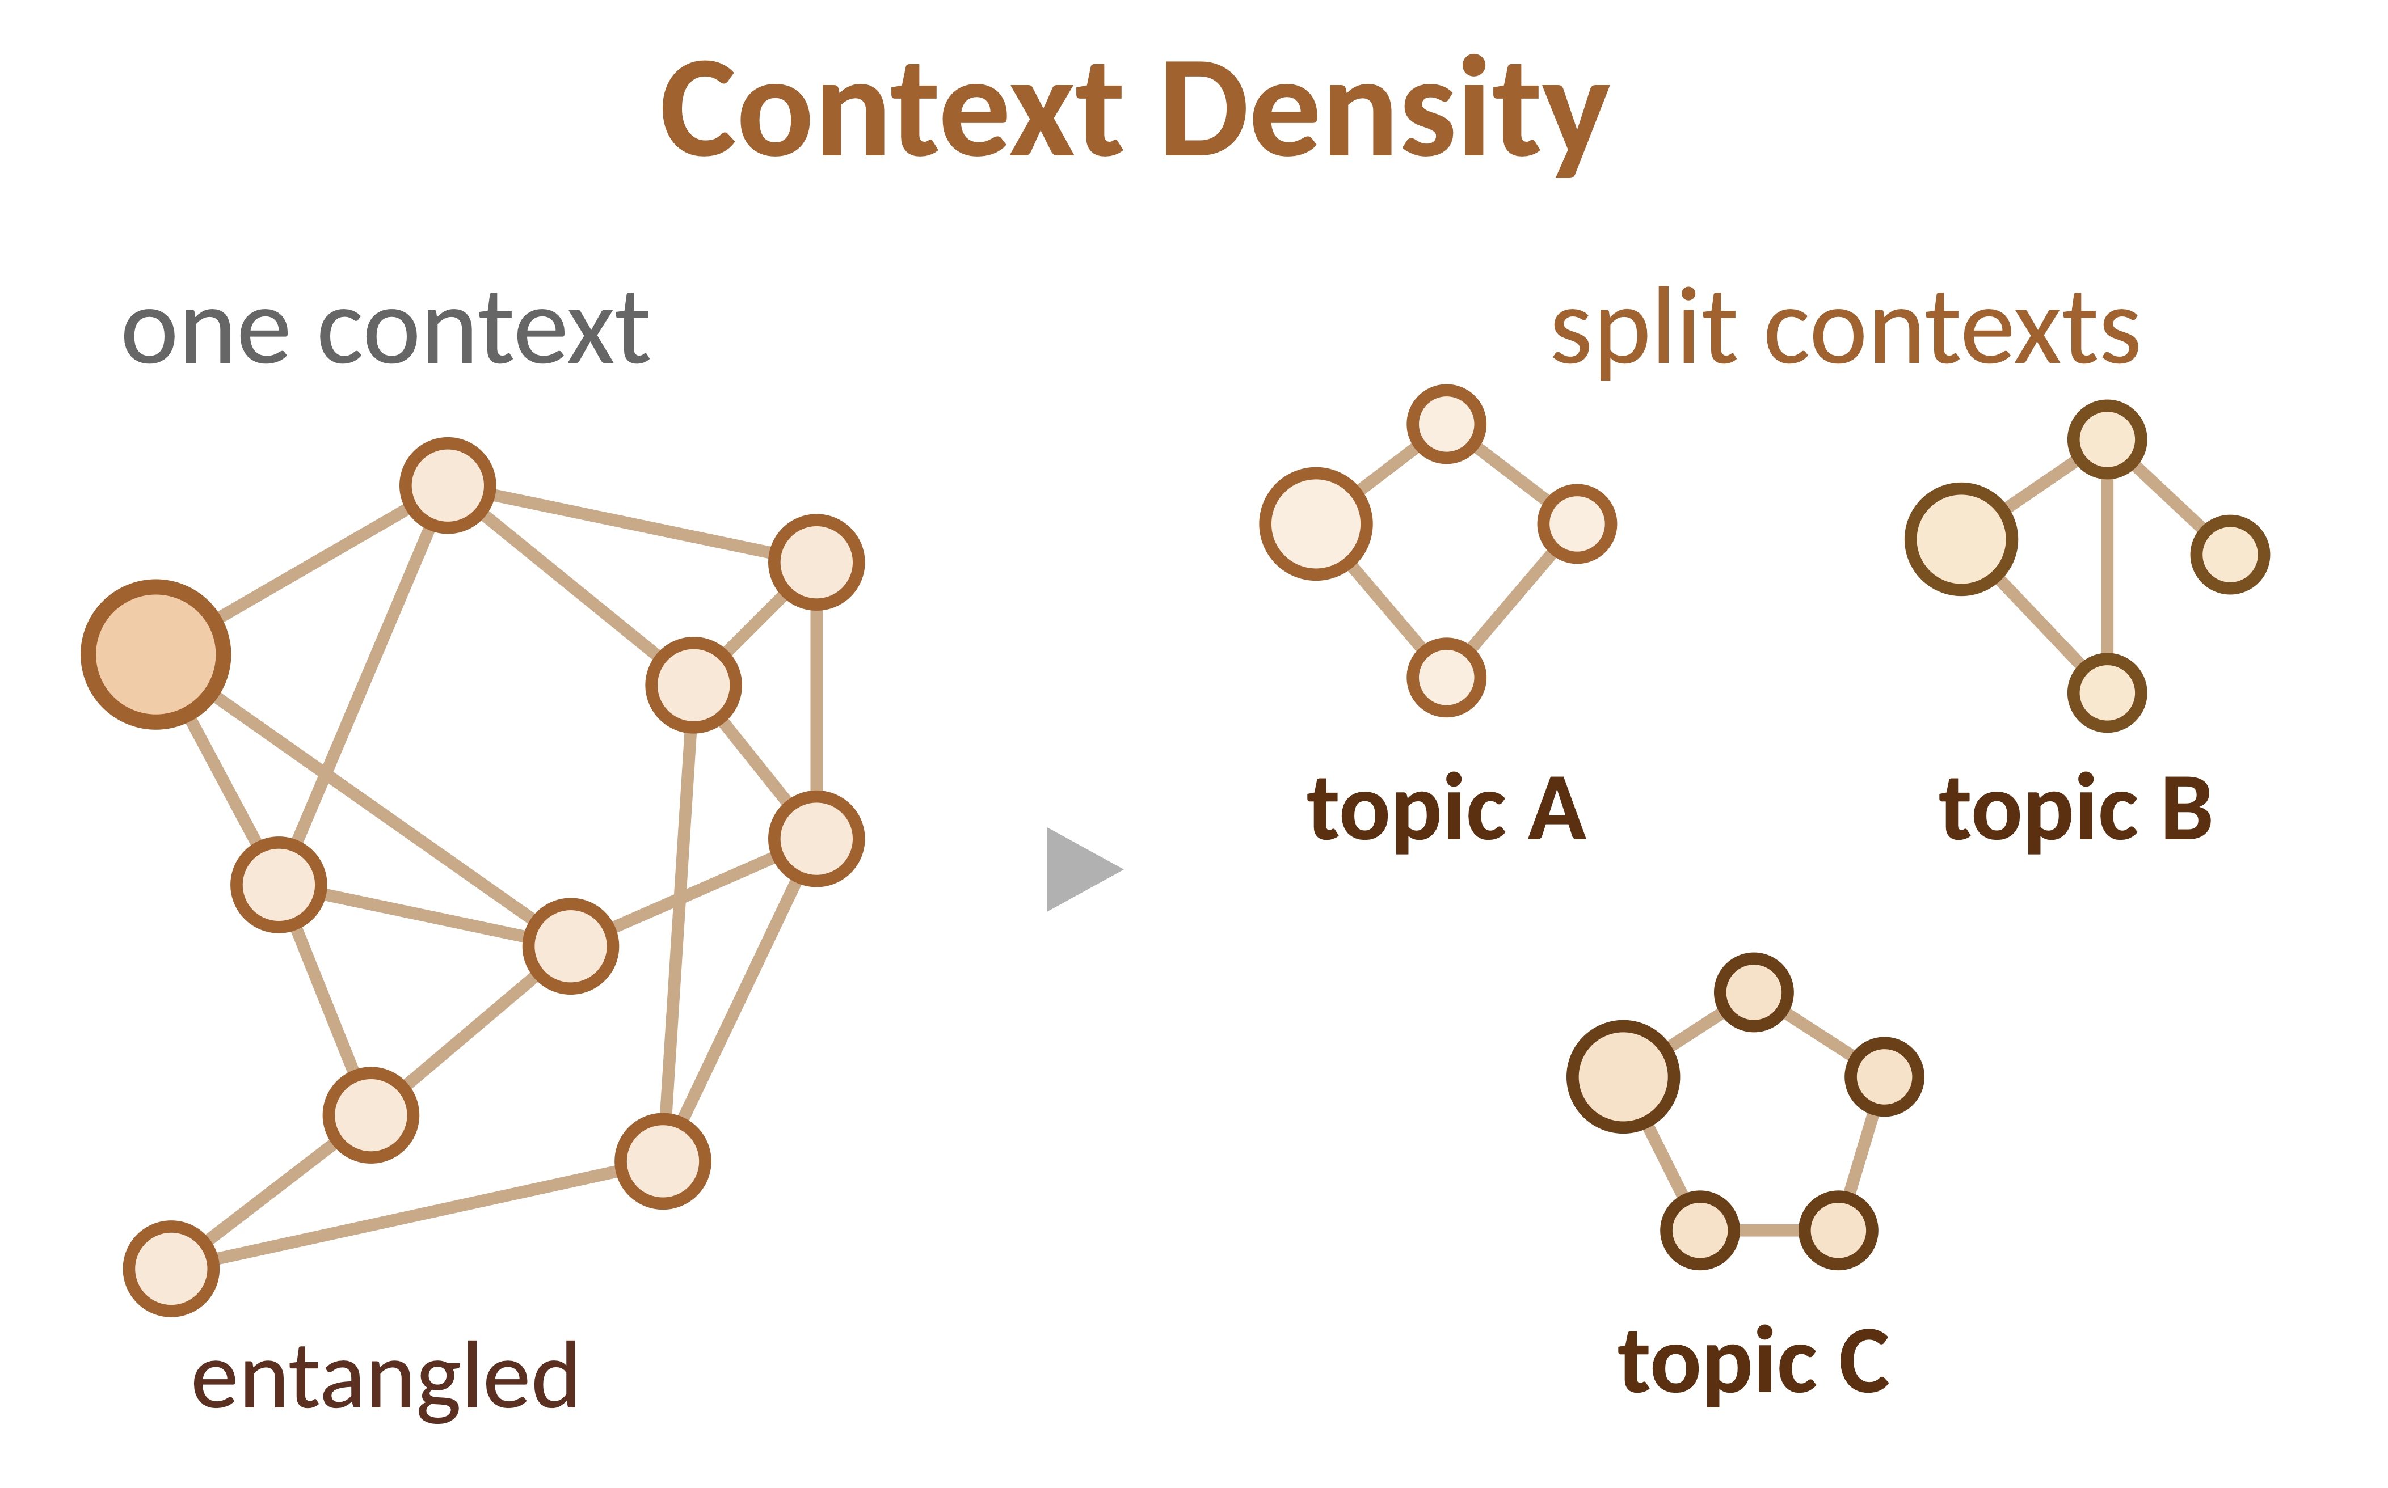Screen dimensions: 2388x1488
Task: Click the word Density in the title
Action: coord(1387,116)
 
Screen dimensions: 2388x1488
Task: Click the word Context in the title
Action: coord(892,110)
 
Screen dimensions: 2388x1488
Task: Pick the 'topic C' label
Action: coord(1753,1363)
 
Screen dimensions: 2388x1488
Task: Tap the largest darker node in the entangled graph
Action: coord(155,654)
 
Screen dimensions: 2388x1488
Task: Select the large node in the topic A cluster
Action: coord(1316,523)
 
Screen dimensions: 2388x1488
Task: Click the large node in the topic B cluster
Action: coord(1961,539)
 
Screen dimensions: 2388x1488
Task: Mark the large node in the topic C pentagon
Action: coord(1623,1077)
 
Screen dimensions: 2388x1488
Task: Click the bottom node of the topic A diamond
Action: coord(1447,677)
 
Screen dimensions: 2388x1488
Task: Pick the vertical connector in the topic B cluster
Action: coord(2107,566)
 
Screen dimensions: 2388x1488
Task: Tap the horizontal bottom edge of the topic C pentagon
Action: coord(1769,1230)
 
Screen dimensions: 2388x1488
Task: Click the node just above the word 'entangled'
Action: coord(171,1269)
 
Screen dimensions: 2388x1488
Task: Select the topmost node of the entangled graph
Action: coord(448,485)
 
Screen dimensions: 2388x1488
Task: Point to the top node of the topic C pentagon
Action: coord(1754,992)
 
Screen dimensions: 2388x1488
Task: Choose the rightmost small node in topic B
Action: coord(2230,554)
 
